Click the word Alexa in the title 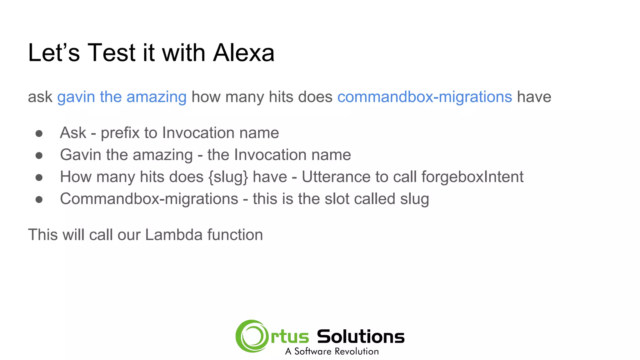click(x=243, y=53)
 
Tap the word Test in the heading click(x=111, y=53)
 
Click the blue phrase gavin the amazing click(x=122, y=97)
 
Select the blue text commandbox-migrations click(x=424, y=97)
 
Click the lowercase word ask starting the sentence click(x=40, y=97)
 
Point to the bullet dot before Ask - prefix click(x=39, y=134)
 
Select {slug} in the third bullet click(x=228, y=177)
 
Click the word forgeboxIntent click(x=472, y=177)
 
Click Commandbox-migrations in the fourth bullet click(x=149, y=199)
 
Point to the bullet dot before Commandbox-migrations click(x=39, y=200)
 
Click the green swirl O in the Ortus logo click(x=252, y=336)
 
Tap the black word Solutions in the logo click(x=361, y=337)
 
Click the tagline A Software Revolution click(x=332, y=352)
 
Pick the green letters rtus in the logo click(x=290, y=337)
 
